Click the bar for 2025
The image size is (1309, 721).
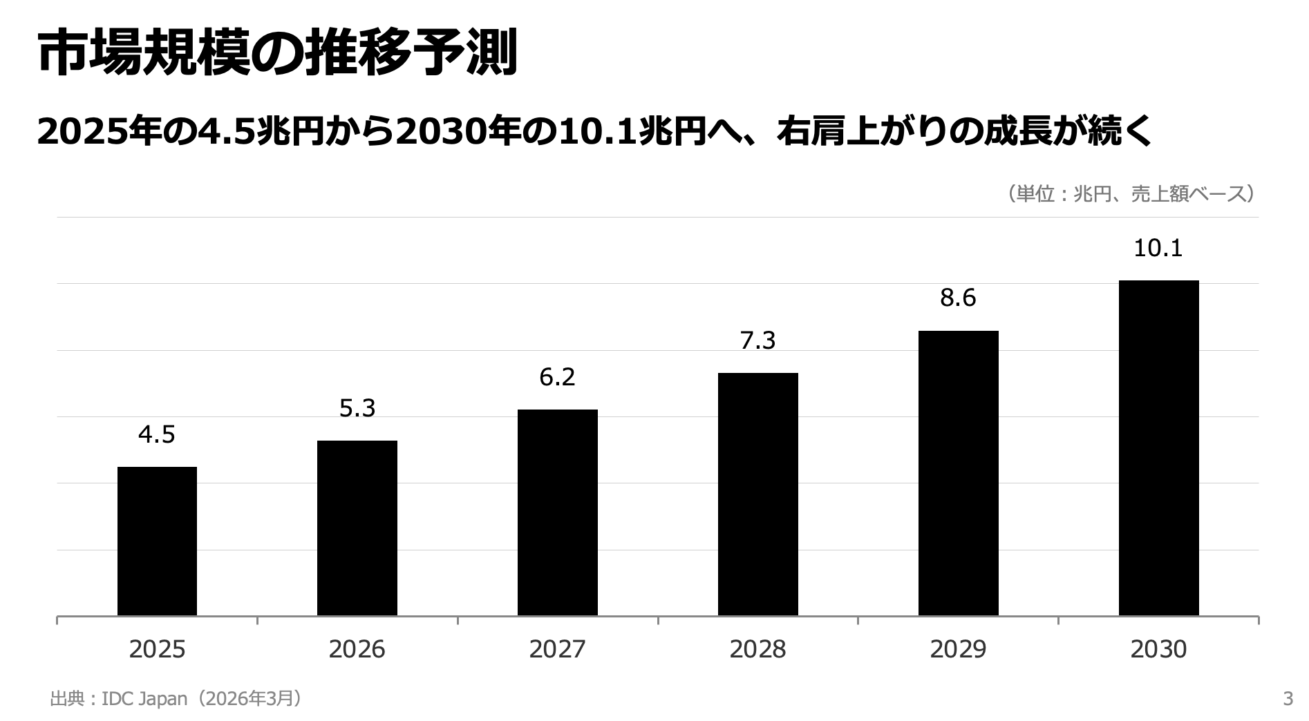pyautogui.click(x=157, y=541)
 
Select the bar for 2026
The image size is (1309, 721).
pyautogui.click(x=357, y=528)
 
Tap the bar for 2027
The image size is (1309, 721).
pyautogui.click(x=558, y=512)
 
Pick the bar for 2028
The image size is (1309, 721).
pyautogui.click(x=758, y=494)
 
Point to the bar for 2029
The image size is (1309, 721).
pyautogui.click(x=959, y=473)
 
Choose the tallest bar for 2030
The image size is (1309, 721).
pyautogui.click(x=1159, y=448)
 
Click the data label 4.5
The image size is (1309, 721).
pyautogui.click(x=157, y=435)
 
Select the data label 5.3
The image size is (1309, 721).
pyautogui.click(x=357, y=409)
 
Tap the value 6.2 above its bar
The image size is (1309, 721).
pyautogui.click(x=558, y=377)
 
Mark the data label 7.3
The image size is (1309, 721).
pyautogui.click(x=758, y=341)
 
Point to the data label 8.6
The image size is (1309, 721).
pyautogui.click(x=959, y=298)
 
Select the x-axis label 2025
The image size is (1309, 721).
pyautogui.click(x=157, y=649)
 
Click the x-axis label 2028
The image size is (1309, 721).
pyautogui.click(x=758, y=649)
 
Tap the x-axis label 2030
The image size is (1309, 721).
pyautogui.click(x=1159, y=649)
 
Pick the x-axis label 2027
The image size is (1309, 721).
pyautogui.click(x=558, y=649)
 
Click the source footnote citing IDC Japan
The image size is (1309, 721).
pyautogui.click(x=177, y=699)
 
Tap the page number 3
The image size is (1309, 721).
pyautogui.click(x=1288, y=699)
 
